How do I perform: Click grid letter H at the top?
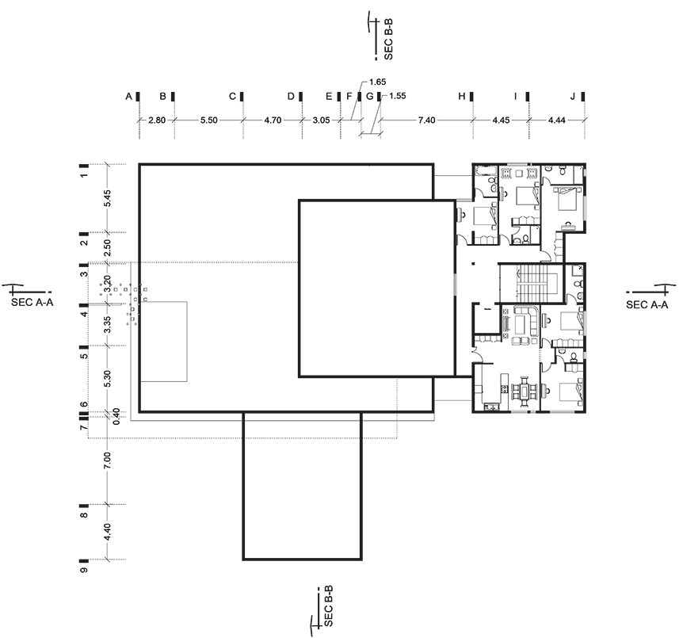462,97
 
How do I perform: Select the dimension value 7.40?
426,120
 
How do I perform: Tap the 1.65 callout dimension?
377,82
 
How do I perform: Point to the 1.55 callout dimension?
397,96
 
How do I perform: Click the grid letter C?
233,97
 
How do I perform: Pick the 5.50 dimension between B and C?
208,120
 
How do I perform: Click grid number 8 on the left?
85,514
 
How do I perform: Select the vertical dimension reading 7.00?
108,460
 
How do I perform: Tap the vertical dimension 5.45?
108,198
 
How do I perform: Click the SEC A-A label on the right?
647,304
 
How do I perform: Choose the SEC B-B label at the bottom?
329,606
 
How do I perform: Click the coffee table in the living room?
520,324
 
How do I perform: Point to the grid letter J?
573,97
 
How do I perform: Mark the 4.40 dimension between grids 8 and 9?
108,531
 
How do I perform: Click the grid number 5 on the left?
85,356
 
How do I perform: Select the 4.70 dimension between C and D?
273,120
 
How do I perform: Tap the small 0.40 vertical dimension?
116,417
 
